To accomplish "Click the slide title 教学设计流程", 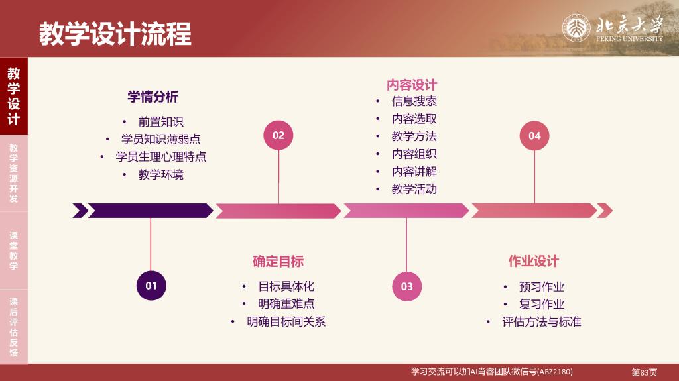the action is click(115, 33).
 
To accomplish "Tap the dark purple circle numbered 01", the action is click(151, 286).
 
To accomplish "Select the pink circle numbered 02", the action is click(278, 135).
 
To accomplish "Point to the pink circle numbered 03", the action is click(406, 286).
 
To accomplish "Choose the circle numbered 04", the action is click(534, 136).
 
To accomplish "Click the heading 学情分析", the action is click(153, 97).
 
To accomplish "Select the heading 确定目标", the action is click(278, 262).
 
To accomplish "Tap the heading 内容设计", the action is click(412, 84).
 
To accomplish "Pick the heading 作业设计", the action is click(534, 262).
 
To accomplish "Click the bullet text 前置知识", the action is click(160, 122).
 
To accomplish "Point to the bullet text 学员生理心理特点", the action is click(160, 157).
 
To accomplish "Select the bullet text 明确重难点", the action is click(286, 304).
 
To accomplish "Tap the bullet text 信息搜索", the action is click(414, 101).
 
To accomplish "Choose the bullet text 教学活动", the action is click(414, 190).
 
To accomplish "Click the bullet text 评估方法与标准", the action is click(541, 321).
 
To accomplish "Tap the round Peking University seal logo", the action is click(576, 28).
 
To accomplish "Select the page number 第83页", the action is click(645, 372).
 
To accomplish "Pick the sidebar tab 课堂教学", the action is click(14, 250).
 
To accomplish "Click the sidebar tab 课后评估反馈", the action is click(14, 327).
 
